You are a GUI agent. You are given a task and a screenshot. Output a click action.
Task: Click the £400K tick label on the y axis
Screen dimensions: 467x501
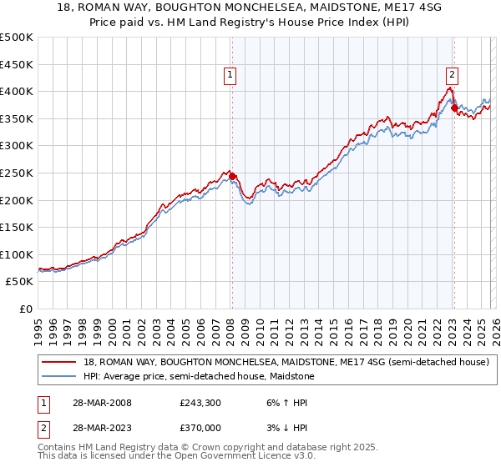point(17,91)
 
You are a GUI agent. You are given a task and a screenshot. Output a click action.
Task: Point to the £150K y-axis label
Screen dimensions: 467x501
point(17,227)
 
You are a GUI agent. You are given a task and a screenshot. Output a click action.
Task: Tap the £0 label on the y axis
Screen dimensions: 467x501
point(25,309)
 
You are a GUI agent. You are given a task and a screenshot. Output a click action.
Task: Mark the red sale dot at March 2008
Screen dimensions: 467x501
point(233,176)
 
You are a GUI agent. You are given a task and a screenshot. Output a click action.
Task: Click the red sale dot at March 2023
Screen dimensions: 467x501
point(454,108)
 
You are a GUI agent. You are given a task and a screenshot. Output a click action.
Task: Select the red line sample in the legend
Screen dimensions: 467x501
point(59,363)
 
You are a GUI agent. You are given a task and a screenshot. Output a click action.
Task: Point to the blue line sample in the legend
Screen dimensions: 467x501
point(59,376)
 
